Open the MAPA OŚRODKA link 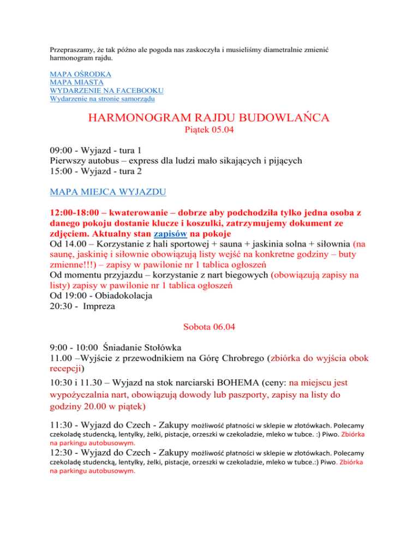tap(81, 74)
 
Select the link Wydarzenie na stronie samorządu tap(101, 98)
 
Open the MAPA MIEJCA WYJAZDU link tap(109, 192)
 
